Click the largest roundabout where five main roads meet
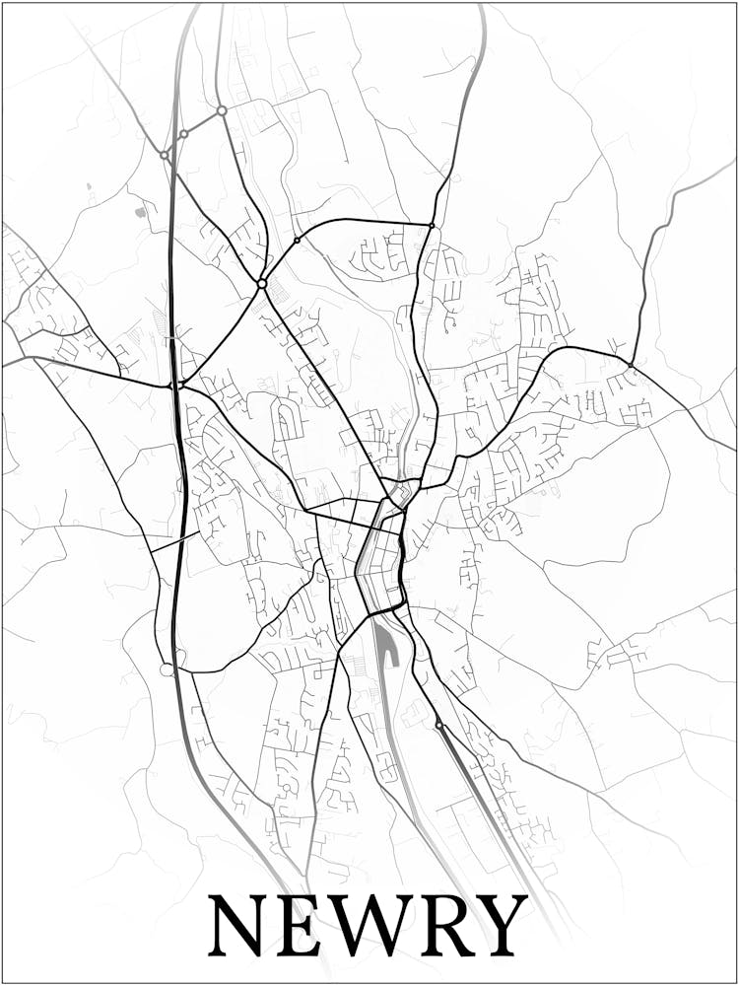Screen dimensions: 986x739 click(262, 283)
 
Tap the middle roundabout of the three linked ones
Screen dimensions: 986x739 click(183, 133)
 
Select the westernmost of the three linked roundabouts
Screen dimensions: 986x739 click(164, 155)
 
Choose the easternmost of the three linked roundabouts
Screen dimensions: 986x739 click(222, 110)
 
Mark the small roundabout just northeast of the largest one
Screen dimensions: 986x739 click(297, 240)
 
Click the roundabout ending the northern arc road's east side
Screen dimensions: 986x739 click(432, 226)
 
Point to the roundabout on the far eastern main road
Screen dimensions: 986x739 click(630, 364)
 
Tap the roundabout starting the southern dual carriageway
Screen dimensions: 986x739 click(438, 725)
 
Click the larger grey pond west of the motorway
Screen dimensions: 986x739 click(140, 211)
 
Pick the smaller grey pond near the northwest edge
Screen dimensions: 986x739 click(88, 184)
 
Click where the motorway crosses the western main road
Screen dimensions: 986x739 click(175, 385)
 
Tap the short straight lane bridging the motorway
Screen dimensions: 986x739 click(175, 541)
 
